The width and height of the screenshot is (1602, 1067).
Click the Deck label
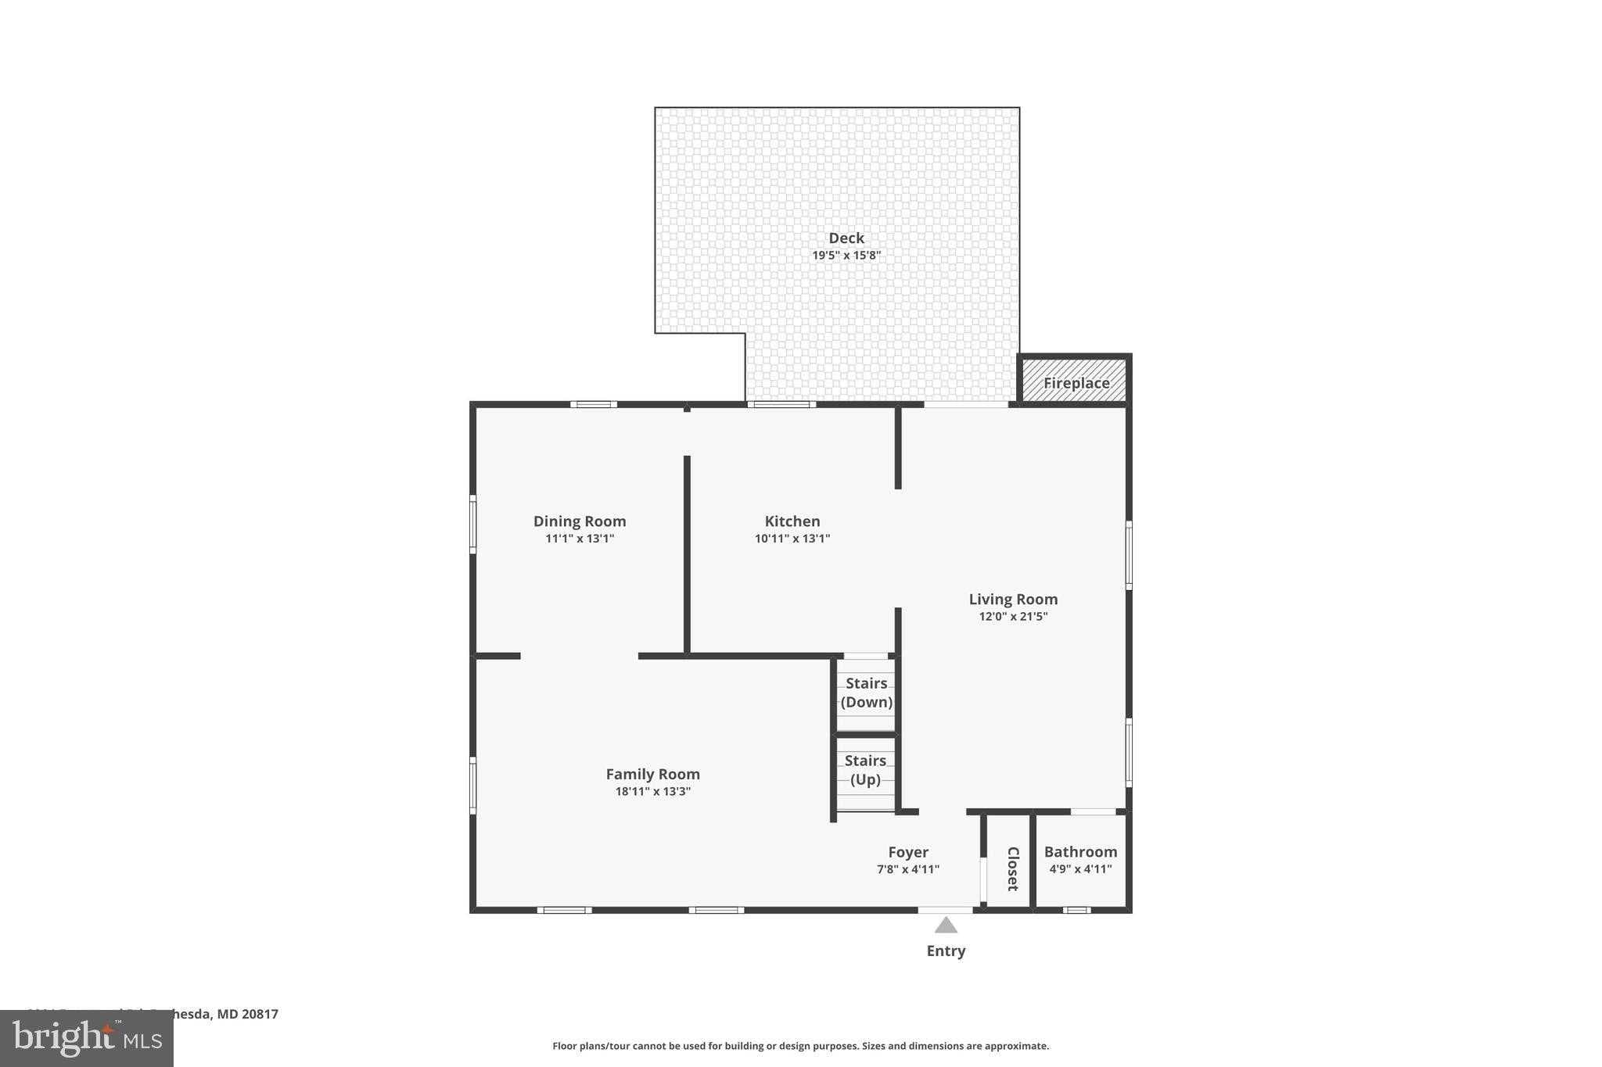click(x=846, y=238)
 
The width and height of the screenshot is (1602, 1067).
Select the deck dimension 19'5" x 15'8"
click(x=846, y=256)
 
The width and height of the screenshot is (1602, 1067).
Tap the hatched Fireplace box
click(x=1075, y=381)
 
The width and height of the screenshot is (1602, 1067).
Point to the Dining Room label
click(x=580, y=521)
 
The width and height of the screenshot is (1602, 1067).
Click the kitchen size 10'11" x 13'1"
click(x=792, y=539)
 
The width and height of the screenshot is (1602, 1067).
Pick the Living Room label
click(x=1013, y=600)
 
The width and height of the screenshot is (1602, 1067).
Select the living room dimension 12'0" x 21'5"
click(x=1013, y=617)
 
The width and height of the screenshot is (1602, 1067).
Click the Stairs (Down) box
click(x=866, y=693)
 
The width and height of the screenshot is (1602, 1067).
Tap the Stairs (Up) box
click(x=865, y=771)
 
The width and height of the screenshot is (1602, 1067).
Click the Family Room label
click(x=652, y=774)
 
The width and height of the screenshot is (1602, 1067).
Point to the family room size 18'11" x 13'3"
click(x=652, y=792)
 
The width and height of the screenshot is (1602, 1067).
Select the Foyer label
click(x=908, y=852)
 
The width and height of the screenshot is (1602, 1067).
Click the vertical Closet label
click(x=1011, y=868)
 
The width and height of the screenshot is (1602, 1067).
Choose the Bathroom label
click(x=1080, y=852)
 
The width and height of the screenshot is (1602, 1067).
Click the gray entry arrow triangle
click(x=946, y=926)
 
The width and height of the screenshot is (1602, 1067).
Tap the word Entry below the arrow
click(x=946, y=951)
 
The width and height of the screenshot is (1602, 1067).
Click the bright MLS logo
click(x=87, y=1038)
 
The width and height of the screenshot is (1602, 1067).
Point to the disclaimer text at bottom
click(x=800, y=1046)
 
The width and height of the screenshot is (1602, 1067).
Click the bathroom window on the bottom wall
click(x=1076, y=910)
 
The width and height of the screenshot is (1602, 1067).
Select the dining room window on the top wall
click(x=593, y=404)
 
